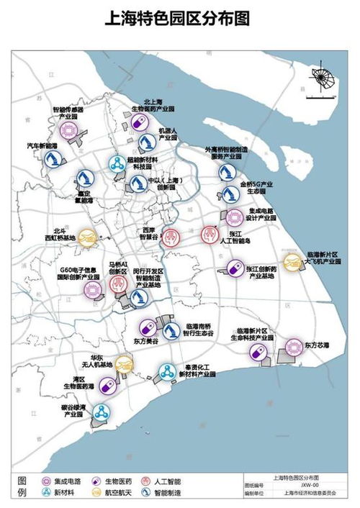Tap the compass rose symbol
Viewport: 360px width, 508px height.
tap(320, 76)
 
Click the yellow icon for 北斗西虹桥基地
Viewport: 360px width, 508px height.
tap(86, 237)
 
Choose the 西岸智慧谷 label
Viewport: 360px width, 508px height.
tap(148, 235)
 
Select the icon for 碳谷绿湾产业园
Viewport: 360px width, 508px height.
tap(101, 413)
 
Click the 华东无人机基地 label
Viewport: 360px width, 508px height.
tap(96, 361)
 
